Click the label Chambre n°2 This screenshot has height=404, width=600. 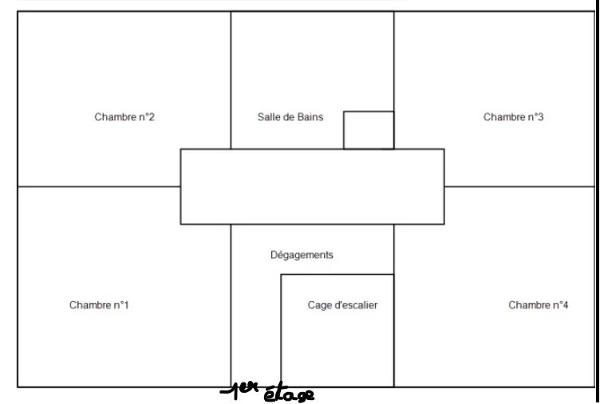point(124,117)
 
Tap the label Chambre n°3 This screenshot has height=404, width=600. point(513,117)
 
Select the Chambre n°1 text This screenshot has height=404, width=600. point(99,305)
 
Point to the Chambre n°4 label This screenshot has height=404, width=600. point(538,305)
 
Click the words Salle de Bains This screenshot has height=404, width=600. point(290,117)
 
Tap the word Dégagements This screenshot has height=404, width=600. point(302,255)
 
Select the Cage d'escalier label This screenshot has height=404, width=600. point(342,305)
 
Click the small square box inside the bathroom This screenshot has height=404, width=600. point(369,130)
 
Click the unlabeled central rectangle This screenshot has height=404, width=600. point(312,186)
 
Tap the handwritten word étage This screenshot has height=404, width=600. point(289,393)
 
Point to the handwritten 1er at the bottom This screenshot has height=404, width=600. point(240,389)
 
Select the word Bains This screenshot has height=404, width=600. point(310,117)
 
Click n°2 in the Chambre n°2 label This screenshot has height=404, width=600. point(147,117)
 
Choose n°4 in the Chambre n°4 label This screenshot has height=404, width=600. point(560,305)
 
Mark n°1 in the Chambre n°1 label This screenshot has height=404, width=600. point(121,305)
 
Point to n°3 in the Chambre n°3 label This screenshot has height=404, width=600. point(535,117)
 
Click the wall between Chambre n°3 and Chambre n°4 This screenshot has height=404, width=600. point(519,186)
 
